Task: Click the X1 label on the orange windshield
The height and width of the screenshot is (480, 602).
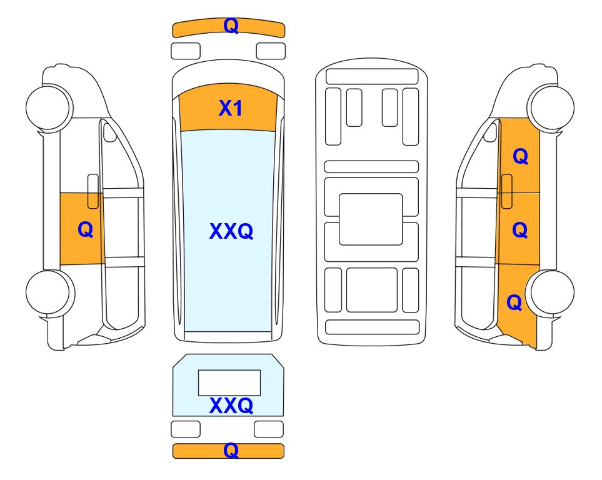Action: pos(230,108)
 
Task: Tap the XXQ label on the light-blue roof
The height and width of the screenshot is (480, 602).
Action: pos(231,231)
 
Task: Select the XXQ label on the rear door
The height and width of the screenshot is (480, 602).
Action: pos(231,406)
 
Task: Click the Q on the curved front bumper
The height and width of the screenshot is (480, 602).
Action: pos(231,26)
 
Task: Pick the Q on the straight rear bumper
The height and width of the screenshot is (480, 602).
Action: pos(231,451)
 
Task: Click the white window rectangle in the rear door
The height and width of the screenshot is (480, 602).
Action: pos(229,382)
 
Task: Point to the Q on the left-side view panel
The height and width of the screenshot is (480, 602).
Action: pos(85,229)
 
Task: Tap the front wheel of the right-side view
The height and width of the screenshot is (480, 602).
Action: pos(552,107)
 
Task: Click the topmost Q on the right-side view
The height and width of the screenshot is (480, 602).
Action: pos(520,156)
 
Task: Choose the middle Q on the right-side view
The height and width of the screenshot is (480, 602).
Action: pos(520,229)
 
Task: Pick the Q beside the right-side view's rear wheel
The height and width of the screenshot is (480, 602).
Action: pos(514,302)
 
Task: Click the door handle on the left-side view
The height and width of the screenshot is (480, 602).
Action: pos(93,191)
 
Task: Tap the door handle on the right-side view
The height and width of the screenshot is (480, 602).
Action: pos(507,191)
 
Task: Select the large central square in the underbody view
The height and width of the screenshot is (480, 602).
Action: pos(371,219)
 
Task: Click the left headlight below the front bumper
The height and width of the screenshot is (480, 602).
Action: pos(186,51)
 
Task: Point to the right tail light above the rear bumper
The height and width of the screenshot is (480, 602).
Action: pos(269,429)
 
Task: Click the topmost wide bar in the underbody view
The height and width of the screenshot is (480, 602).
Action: pos(372,76)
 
